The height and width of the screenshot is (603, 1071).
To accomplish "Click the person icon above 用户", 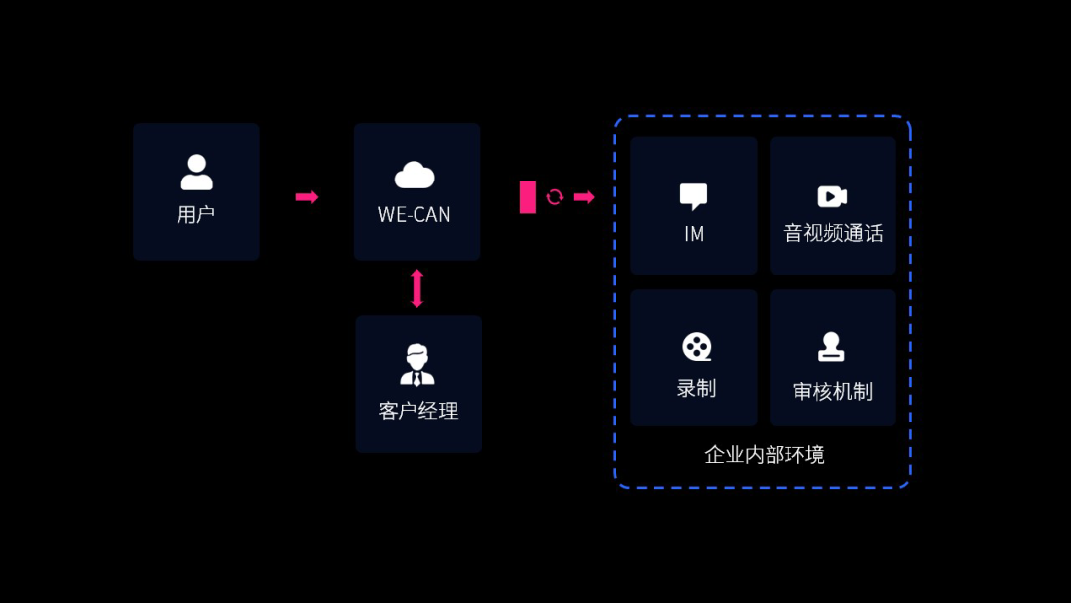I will coord(196,172).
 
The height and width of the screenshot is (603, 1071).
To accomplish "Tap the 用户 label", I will coord(196,214).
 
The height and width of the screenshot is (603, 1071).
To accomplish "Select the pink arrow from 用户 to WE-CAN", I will coord(306,197).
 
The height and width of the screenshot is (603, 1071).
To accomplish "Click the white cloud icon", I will coord(415,176).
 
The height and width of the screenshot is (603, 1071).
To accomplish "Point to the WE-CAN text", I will coord(415,215).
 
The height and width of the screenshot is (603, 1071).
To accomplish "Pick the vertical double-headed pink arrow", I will coord(416,289).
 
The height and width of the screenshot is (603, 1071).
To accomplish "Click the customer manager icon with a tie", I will coord(417,364).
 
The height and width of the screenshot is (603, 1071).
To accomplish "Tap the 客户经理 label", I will coord(418,411).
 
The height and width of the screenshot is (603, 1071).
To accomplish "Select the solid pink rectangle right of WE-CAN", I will coord(528,197).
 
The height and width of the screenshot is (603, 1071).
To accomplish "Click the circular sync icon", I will coord(555,197).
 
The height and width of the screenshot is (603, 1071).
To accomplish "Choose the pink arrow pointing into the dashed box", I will coord(584,197).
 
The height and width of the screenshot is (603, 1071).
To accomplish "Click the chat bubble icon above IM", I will coord(693,196).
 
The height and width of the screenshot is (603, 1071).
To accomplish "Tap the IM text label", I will coord(694,234).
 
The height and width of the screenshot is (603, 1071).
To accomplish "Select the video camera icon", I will coord(832,196).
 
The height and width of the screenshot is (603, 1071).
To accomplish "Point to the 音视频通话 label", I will coord(833,234).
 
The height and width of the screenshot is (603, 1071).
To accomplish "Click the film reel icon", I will coord(697,347).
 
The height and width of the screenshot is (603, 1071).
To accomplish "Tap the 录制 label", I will coord(696,388).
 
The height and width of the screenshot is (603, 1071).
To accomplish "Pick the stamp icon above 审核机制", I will coord(831,347).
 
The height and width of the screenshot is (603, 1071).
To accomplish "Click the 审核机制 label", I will coord(833,392).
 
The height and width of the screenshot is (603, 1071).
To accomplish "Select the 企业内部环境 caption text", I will coord(764,455).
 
